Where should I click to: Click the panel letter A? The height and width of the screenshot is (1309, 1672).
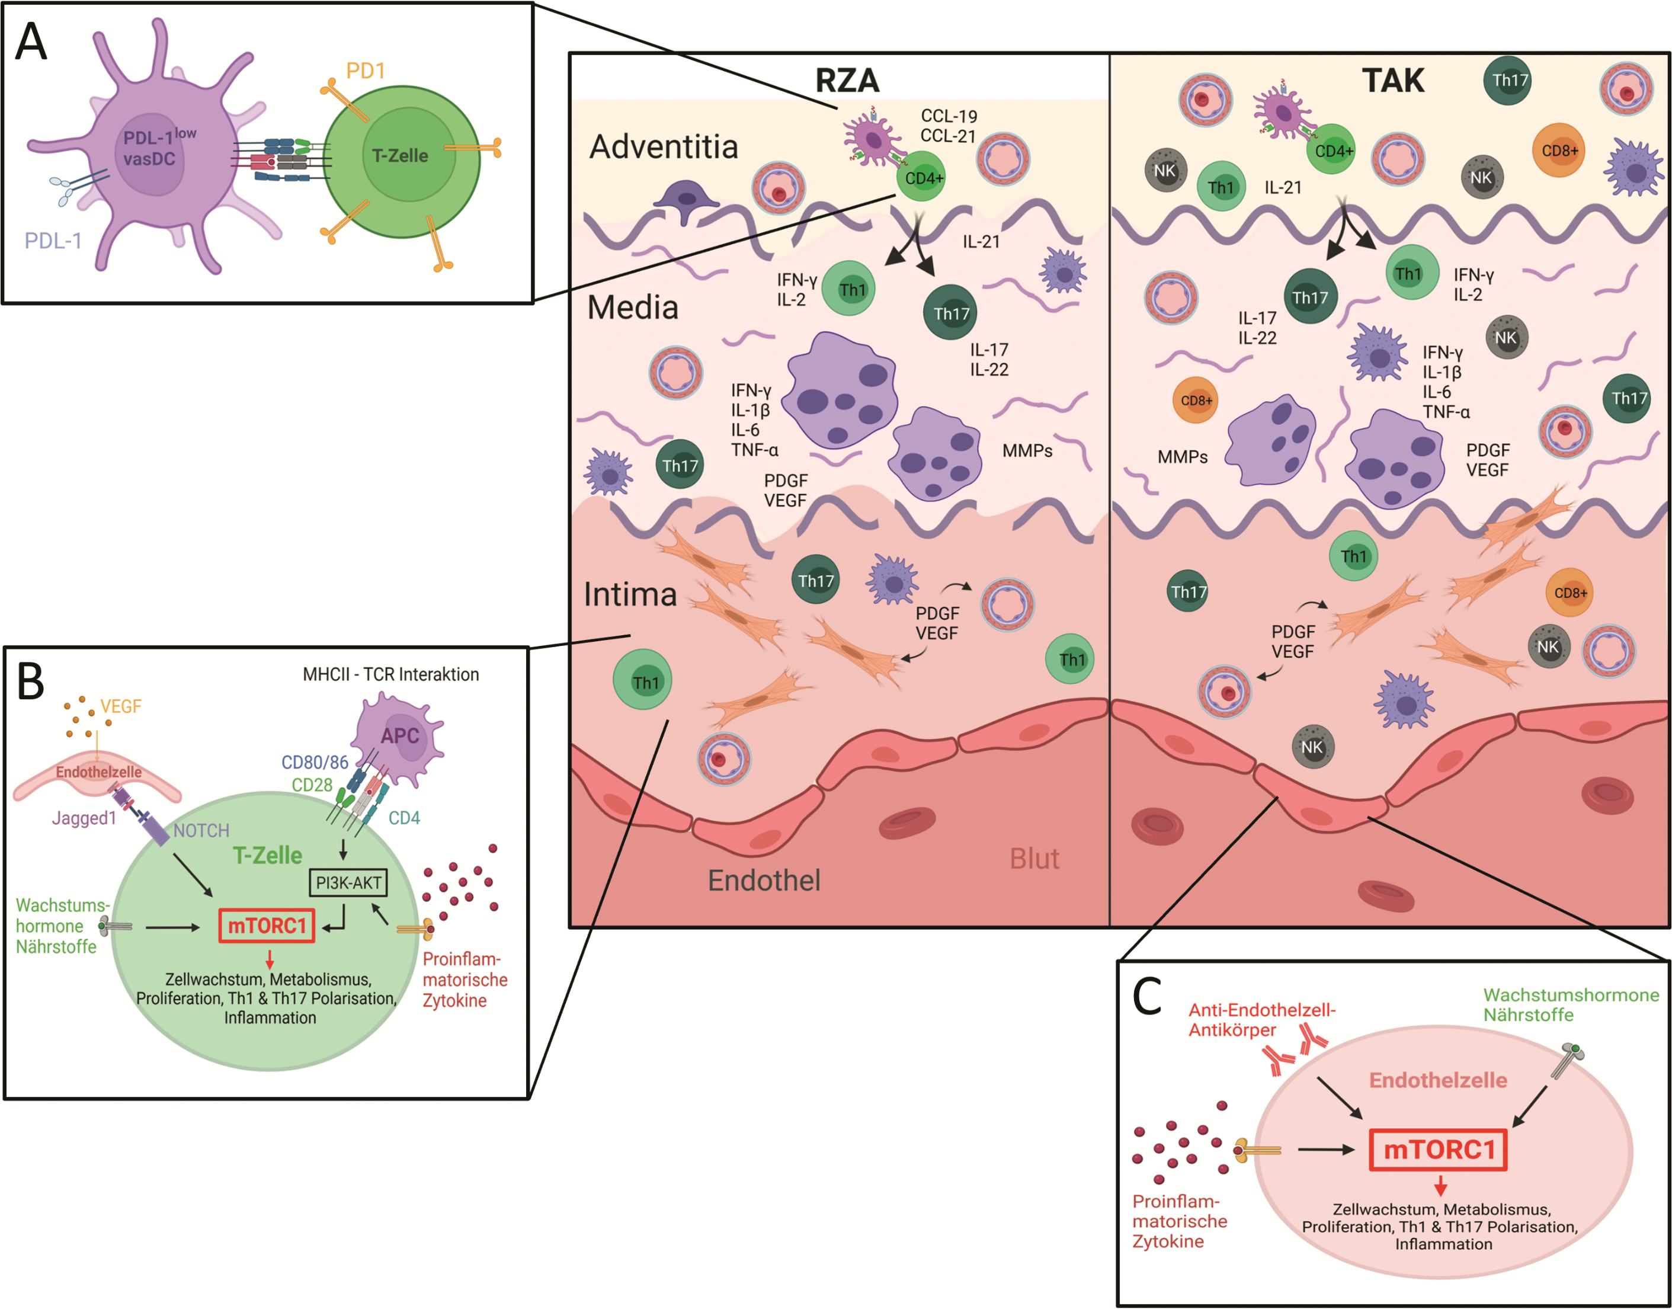click(x=31, y=42)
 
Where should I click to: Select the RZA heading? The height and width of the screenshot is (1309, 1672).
click(x=847, y=81)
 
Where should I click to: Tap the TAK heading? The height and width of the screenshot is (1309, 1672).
click(x=1392, y=81)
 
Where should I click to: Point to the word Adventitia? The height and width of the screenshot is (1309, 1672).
click(x=664, y=146)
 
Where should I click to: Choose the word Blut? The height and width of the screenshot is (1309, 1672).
click(x=1034, y=859)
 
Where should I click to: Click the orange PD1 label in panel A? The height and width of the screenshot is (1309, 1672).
click(x=366, y=71)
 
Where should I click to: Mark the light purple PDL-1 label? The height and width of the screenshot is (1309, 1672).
click(x=53, y=241)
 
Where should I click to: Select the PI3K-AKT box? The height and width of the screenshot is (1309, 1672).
click(x=348, y=882)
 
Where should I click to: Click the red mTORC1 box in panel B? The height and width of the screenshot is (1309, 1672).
click(x=267, y=926)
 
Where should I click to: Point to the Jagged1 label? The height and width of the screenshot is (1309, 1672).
click(x=84, y=818)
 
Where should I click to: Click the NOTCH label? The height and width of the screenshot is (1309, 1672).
click(x=201, y=831)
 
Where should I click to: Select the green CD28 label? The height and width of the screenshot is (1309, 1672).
click(x=312, y=785)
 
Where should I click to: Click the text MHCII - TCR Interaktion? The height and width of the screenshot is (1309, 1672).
click(x=391, y=674)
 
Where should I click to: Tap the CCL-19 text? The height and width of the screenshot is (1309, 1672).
click(x=949, y=116)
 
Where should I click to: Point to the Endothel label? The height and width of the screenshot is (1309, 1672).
click(x=764, y=881)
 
